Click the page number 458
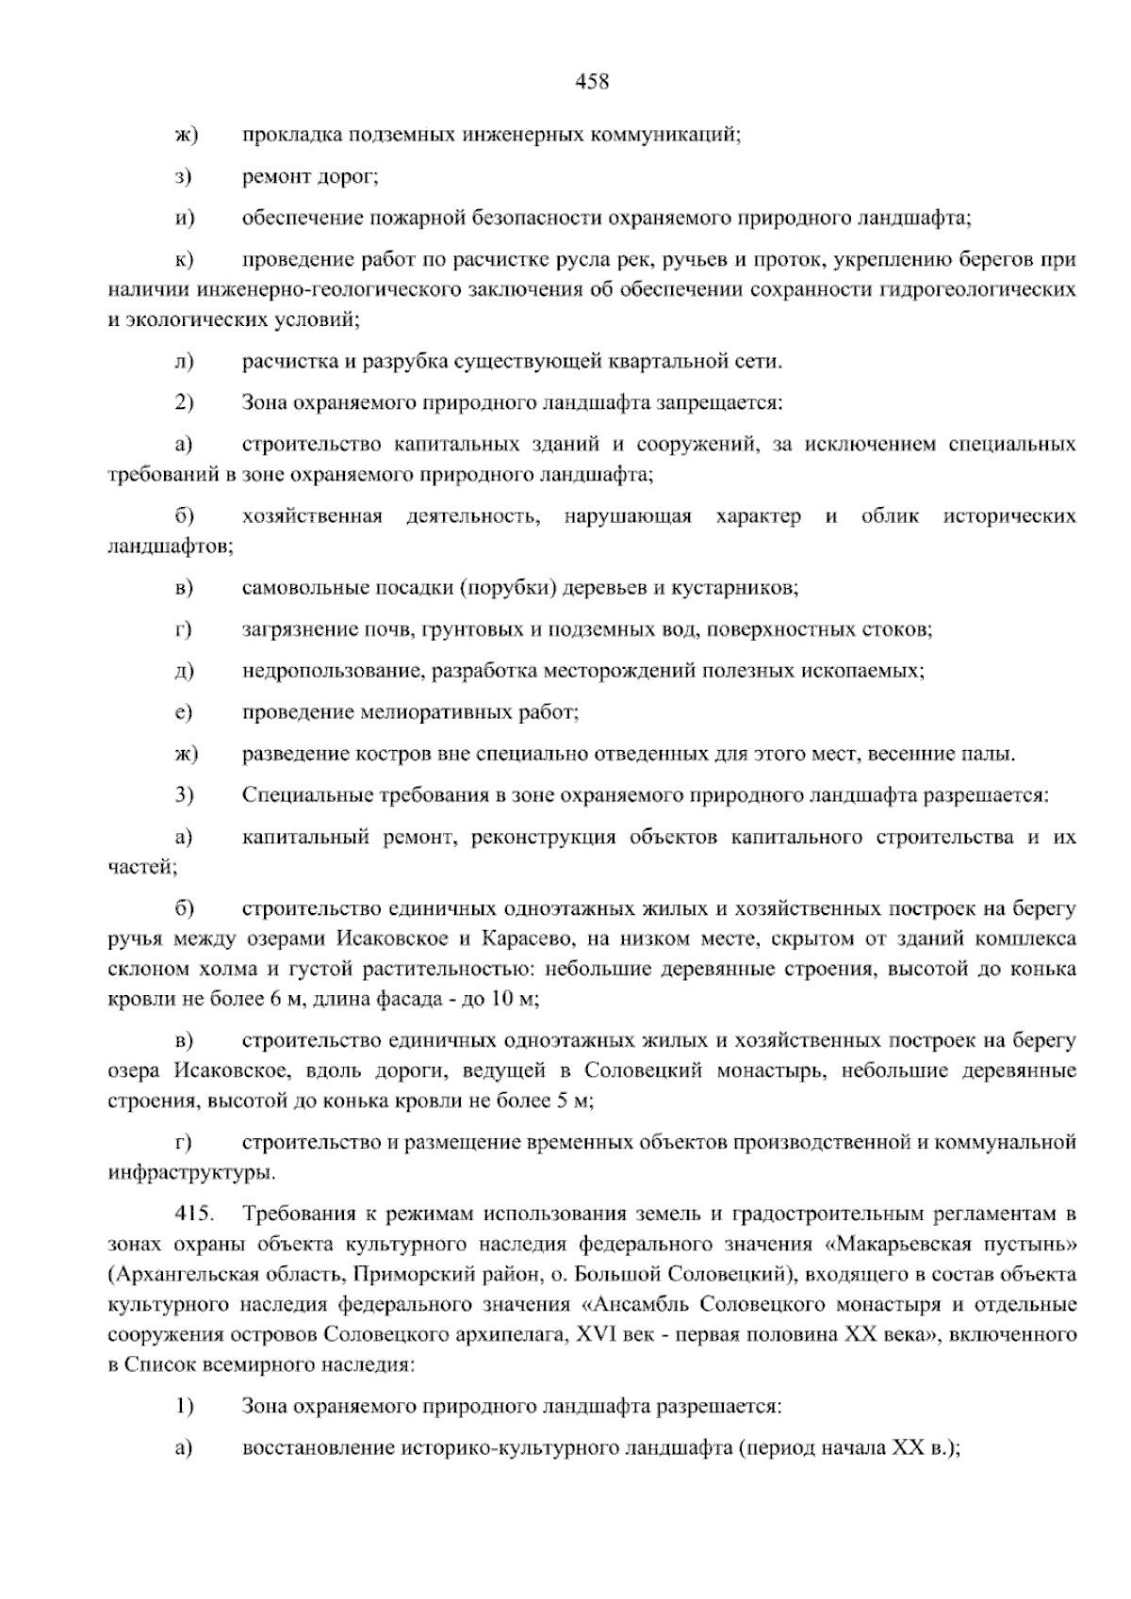(592, 82)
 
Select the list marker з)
(184, 176)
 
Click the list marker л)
(184, 362)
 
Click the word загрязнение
(297, 630)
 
